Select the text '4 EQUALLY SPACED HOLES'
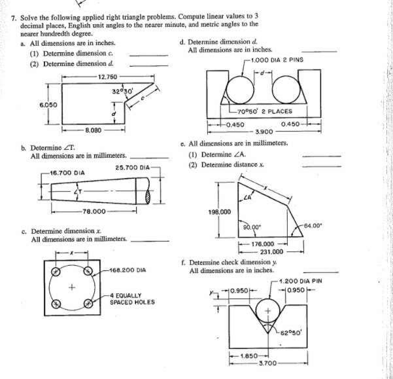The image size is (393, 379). (x=132, y=299)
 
